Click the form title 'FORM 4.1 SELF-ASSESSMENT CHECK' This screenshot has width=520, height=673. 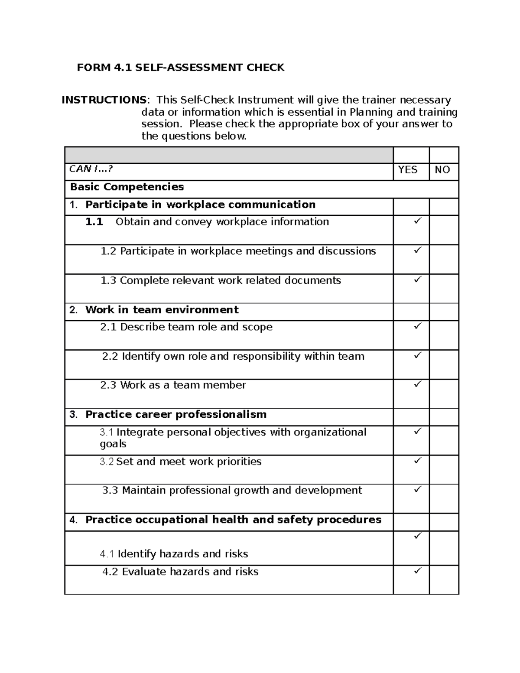click(x=180, y=68)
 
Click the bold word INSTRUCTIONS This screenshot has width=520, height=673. click(x=104, y=100)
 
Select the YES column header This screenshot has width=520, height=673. click(x=407, y=170)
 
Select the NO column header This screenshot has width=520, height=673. click(x=442, y=170)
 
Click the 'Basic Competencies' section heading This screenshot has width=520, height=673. click(x=127, y=187)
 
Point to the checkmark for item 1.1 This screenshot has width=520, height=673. click(x=417, y=221)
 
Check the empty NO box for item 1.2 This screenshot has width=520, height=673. click(x=444, y=259)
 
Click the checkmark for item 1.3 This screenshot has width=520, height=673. click(x=417, y=280)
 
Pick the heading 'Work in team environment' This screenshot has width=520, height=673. click(x=162, y=310)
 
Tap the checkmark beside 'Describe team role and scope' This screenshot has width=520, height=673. click(x=417, y=326)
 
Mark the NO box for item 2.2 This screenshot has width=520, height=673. click(x=444, y=364)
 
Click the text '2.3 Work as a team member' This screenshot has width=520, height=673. click(x=173, y=385)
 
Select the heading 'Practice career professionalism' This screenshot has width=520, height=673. click(x=175, y=415)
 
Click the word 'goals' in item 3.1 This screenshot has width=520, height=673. click(x=113, y=444)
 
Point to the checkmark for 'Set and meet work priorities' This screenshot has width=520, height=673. click(x=417, y=460)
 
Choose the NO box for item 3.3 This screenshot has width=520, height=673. click(x=444, y=498)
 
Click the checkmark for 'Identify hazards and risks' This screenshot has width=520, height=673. click(x=417, y=536)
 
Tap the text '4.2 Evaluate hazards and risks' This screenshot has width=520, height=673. click(x=180, y=572)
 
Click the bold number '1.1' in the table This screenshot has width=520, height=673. click(x=94, y=222)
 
